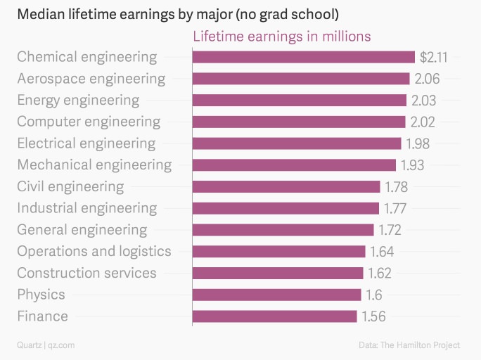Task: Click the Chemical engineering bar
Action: click(x=303, y=57)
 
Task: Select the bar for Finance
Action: click(x=274, y=316)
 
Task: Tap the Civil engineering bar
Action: click(x=286, y=187)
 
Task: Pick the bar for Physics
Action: click(x=276, y=295)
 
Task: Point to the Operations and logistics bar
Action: click(x=278, y=252)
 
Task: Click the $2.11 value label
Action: click(x=433, y=57)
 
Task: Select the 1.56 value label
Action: click(x=373, y=316)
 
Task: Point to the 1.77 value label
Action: click(x=395, y=208)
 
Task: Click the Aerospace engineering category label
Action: click(x=91, y=79)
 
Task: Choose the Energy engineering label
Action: click(x=78, y=100)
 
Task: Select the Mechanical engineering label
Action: click(x=94, y=165)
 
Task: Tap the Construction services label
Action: click(x=86, y=273)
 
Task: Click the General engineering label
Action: click(x=82, y=230)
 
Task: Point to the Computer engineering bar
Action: click(x=299, y=122)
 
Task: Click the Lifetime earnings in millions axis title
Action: click(x=282, y=36)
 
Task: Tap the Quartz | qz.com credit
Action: click(x=46, y=345)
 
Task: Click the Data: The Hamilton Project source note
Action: click(x=409, y=345)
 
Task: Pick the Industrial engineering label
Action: click(x=87, y=208)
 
